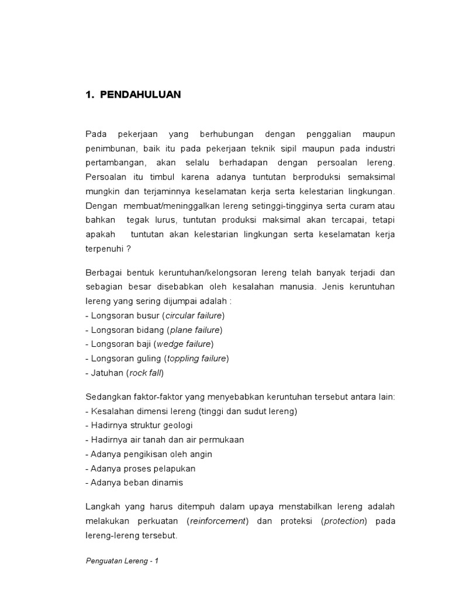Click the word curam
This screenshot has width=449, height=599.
click(x=363, y=206)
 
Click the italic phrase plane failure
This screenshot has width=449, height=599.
click(x=195, y=330)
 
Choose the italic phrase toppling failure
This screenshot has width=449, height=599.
click(x=196, y=358)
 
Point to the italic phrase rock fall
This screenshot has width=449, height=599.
click(x=146, y=373)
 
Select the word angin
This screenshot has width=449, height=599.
click(x=200, y=454)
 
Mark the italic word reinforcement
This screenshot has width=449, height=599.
click(x=218, y=521)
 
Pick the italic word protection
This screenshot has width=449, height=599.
click(x=344, y=521)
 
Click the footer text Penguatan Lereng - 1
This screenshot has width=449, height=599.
click(x=122, y=560)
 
